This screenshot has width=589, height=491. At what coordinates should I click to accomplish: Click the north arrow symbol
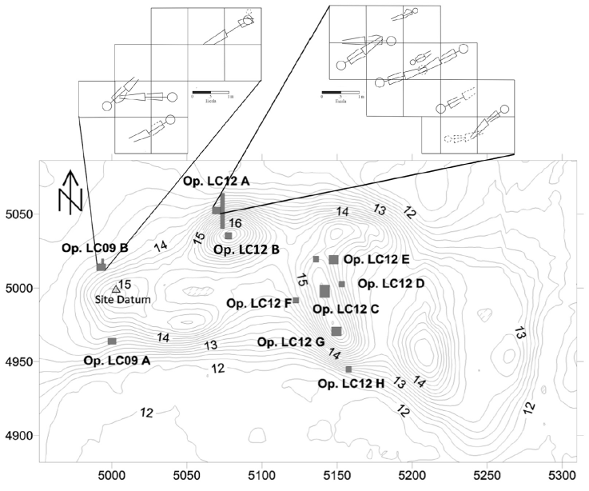[x=71, y=192]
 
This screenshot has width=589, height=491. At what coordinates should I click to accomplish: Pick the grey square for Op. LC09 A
[x=112, y=341]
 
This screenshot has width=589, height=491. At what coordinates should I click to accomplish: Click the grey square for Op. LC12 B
[x=228, y=236]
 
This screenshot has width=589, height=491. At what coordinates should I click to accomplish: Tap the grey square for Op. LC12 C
[x=324, y=291]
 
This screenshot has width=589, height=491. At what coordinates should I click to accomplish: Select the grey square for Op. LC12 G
[x=336, y=331]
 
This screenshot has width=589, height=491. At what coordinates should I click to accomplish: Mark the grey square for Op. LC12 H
[x=348, y=369]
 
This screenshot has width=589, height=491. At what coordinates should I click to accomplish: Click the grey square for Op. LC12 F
[x=296, y=300]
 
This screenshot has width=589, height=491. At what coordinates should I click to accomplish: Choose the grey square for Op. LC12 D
[x=342, y=284]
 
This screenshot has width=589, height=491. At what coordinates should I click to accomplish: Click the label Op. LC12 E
[x=376, y=260]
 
